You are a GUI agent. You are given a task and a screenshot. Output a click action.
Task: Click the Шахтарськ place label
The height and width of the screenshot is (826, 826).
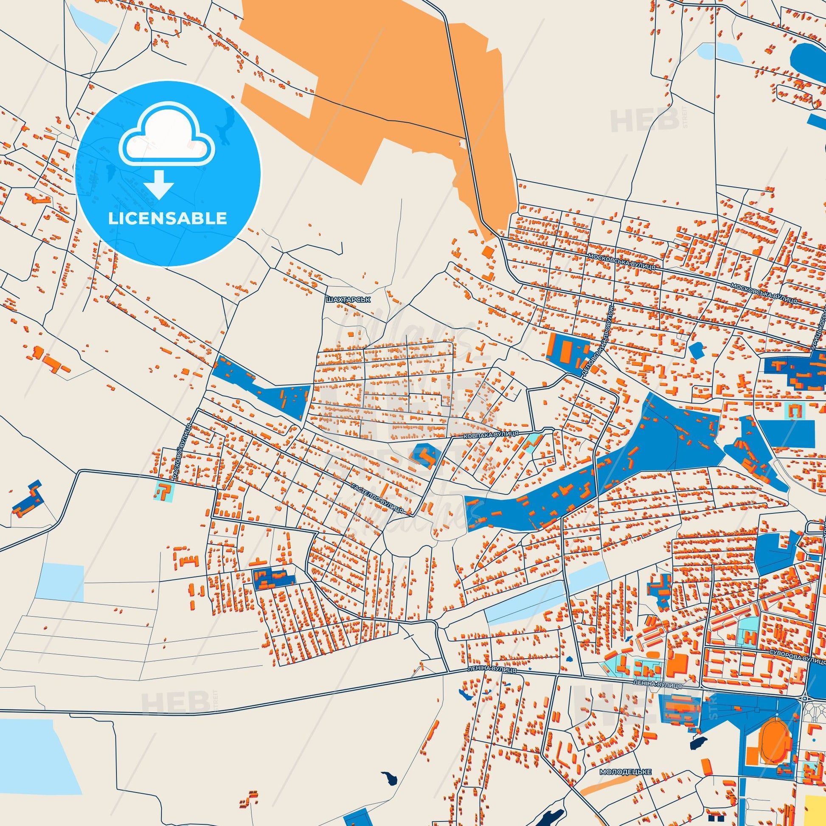point(347,300)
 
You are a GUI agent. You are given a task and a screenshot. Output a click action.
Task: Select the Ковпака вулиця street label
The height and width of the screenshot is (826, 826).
point(491,434)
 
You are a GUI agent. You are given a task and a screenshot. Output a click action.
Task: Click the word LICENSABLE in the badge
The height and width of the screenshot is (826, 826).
point(167,218)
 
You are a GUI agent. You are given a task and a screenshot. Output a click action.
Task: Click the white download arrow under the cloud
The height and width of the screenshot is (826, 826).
point(159,184)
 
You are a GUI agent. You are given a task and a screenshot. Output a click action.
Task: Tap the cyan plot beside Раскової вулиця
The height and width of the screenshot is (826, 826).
point(164,491)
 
